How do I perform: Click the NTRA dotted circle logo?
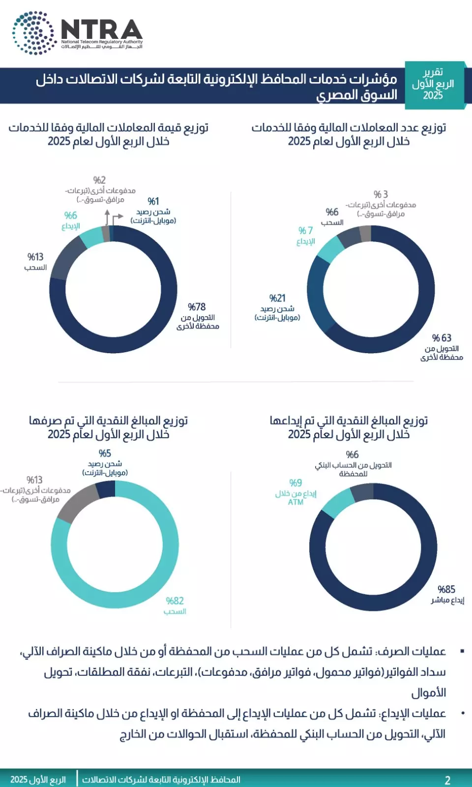(x=33, y=33)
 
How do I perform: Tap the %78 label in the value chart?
(x=197, y=307)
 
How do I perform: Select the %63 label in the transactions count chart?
(x=442, y=338)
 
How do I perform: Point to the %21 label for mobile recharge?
(x=277, y=298)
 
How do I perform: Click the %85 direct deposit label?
(x=446, y=589)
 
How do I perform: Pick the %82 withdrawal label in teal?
(x=175, y=601)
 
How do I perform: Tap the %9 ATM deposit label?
(x=295, y=483)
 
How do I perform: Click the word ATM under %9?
(x=295, y=502)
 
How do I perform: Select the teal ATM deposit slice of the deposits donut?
(x=338, y=503)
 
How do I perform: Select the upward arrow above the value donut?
(x=107, y=216)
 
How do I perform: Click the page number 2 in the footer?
(x=447, y=780)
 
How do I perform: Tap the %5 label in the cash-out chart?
(x=105, y=454)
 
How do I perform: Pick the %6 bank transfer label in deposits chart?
(x=352, y=455)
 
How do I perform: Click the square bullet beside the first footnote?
(x=462, y=651)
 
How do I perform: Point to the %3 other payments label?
(x=381, y=195)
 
